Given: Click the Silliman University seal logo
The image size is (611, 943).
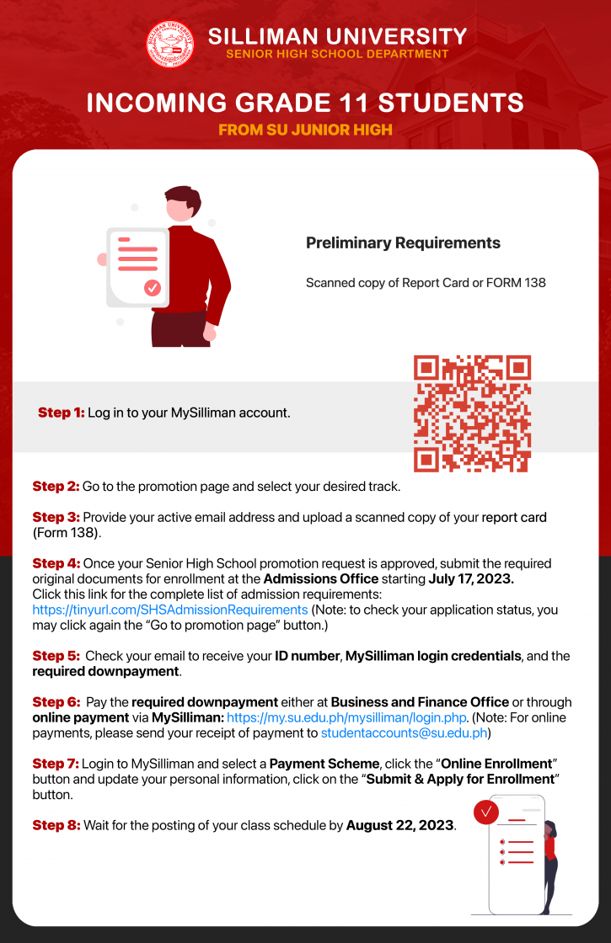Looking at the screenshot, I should [170, 45].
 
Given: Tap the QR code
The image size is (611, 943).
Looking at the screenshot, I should [472, 413].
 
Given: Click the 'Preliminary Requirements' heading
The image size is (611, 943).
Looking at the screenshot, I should [403, 243].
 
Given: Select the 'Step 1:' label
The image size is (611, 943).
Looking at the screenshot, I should [62, 413].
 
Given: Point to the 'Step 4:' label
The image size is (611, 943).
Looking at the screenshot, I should [56, 563].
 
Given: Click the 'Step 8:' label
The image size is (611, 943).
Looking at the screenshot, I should [56, 825].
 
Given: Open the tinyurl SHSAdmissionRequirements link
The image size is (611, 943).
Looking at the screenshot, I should [170, 609].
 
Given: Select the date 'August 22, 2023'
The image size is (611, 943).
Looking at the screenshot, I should [400, 825].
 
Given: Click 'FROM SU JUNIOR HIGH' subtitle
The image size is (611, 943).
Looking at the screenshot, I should [305, 131].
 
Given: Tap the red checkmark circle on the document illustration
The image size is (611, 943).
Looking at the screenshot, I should [153, 287].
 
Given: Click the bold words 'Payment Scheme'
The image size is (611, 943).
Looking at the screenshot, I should [324, 764].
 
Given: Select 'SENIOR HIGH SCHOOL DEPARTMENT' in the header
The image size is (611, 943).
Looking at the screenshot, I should [337, 54].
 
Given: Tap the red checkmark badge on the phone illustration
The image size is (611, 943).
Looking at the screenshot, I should [486, 812].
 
